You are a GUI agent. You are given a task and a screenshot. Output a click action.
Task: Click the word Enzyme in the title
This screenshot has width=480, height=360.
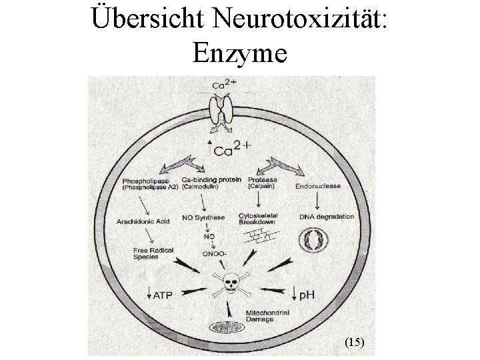click(x=239, y=52)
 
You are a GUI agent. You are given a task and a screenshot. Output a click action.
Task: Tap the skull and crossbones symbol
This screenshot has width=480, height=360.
click(x=231, y=283)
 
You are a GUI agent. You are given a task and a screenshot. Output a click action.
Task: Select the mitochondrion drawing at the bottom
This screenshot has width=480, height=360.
click(x=228, y=327)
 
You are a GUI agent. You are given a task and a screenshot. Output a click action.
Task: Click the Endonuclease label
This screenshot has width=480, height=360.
click(x=318, y=186)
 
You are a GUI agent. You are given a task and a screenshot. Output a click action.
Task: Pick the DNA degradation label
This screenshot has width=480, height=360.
click(x=326, y=217)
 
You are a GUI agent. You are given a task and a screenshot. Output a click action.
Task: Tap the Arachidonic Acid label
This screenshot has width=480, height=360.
click(x=143, y=221)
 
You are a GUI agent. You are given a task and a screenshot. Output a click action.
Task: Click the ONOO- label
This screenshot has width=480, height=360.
click(x=214, y=253)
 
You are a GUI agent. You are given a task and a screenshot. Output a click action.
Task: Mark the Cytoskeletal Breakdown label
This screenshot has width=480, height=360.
click(x=258, y=219)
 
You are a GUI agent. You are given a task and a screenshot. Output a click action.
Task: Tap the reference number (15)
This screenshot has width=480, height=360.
click(x=354, y=342)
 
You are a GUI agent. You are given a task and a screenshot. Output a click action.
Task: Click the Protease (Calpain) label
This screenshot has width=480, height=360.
click(x=262, y=183)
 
